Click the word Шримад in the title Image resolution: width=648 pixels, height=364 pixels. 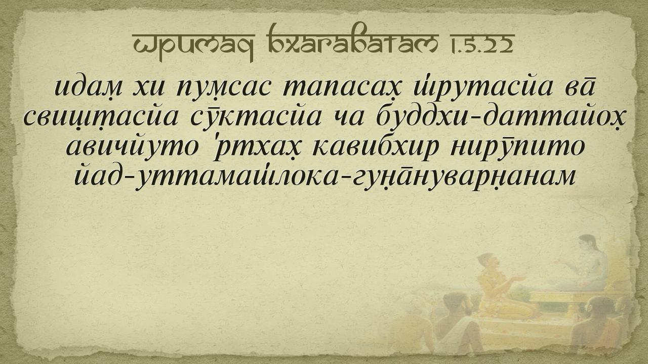click(x=193, y=44)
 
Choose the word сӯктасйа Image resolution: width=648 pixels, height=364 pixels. click(x=256, y=117)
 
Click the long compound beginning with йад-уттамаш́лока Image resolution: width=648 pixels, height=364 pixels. click(x=325, y=177)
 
